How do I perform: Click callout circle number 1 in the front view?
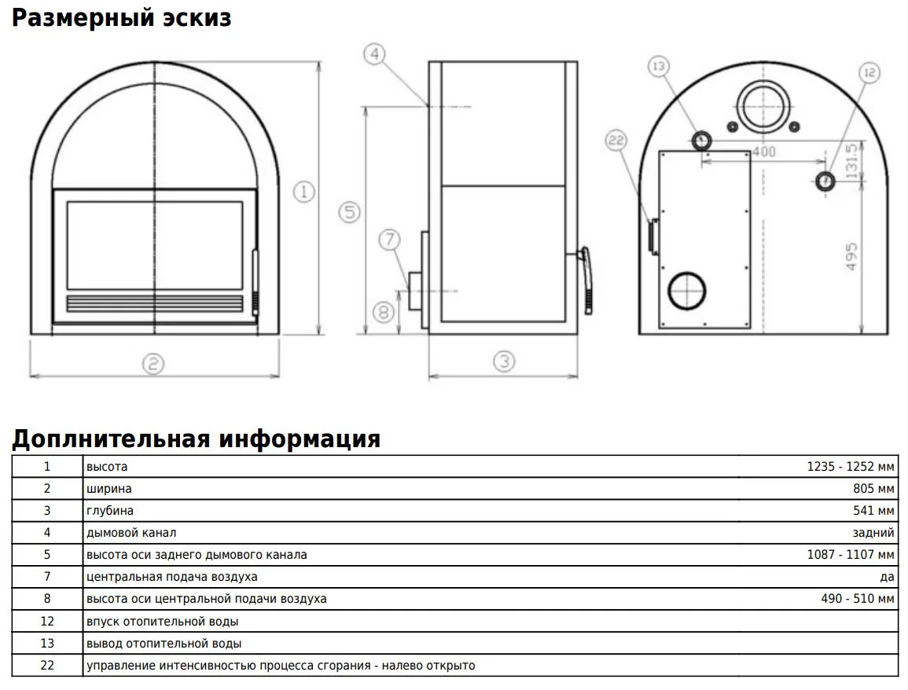[x=304, y=192]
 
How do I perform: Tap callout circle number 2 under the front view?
[x=153, y=364]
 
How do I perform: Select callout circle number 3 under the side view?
[x=504, y=362]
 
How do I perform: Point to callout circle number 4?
[x=375, y=54]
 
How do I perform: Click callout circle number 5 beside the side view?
[x=349, y=212]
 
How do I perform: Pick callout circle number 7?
[x=390, y=239]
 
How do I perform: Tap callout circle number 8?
[x=384, y=313]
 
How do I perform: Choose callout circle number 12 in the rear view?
[x=869, y=72]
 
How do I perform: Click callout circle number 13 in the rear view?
[x=659, y=66]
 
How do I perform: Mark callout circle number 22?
[x=616, y=141]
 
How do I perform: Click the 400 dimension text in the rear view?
[x=764, y=152]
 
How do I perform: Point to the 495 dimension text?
[x=851, y=256]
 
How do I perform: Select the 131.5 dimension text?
[x=851, y=161]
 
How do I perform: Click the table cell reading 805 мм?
[x=873, y=489]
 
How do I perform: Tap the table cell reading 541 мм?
[x=873, y=511]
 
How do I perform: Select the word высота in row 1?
[x=107, y=467]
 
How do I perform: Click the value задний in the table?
[x=873, y=533]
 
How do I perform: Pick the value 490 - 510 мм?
[x=858, y=599]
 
